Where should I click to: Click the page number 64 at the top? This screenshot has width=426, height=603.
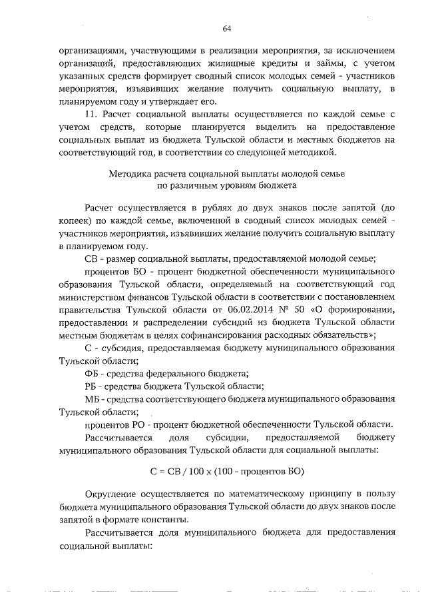[x=226, y=27]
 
